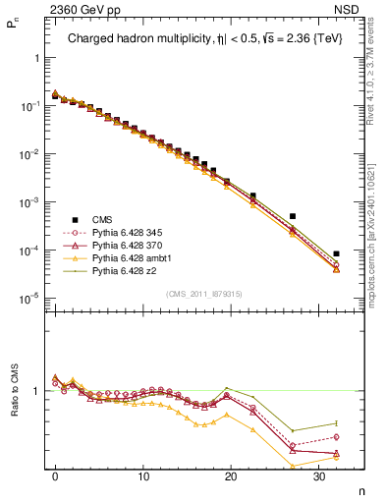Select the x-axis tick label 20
click(231, 477)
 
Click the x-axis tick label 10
click(143, 477)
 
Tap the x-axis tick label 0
click(55, 477)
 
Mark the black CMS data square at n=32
click(336, 253)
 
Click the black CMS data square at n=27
click(292, 216)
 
